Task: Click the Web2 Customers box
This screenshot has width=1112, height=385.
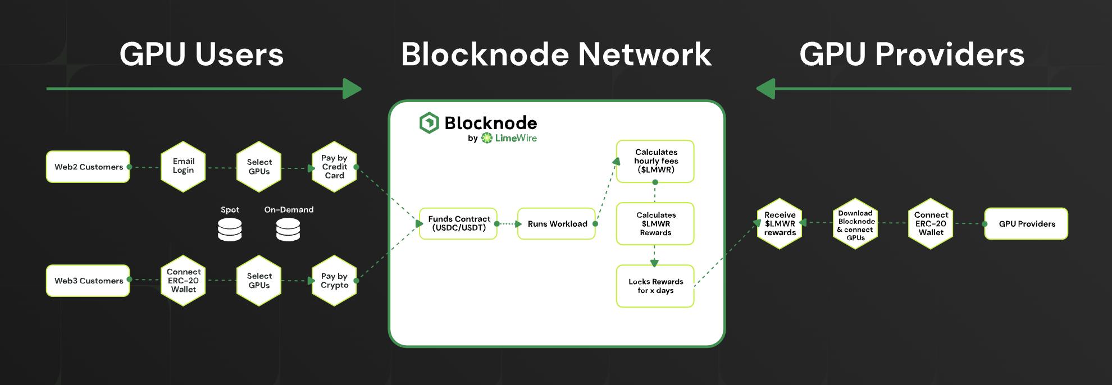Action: (x=88, y=167)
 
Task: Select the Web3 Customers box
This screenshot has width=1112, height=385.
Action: (x=88, y=281)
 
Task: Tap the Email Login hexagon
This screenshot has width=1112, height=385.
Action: (x=183, y=166)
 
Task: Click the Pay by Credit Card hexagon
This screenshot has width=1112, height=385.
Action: (x=334, y=167)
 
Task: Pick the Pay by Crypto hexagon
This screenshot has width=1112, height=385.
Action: (x=334, y=281)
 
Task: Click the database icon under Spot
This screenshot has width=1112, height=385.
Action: (x=230, y=230)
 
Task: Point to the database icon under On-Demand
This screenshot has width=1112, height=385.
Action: (x=288, y=230)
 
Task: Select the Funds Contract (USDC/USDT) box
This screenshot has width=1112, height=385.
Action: (x=458, y=223)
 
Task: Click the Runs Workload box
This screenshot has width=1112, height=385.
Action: (x=557, y=223)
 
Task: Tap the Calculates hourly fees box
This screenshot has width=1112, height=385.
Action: (x=655, y=161)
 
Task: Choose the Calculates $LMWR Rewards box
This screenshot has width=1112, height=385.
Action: (x=655, y=223)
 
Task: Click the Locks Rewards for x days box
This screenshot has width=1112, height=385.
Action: (x=655, y=286)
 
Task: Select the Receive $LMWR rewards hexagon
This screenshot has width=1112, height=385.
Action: (x=780, y=223)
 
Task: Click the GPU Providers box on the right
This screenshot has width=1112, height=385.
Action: (x=1026, y=223)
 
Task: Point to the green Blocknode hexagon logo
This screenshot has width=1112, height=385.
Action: (x=429, y=123)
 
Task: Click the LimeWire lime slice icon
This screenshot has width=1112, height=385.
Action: (x=486, y=138)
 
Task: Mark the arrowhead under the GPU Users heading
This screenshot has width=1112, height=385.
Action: (x=352, y=89)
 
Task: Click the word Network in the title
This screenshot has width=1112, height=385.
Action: (x=645, y=54)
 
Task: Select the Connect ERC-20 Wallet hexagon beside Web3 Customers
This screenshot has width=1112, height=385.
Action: (x=183, y=281)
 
